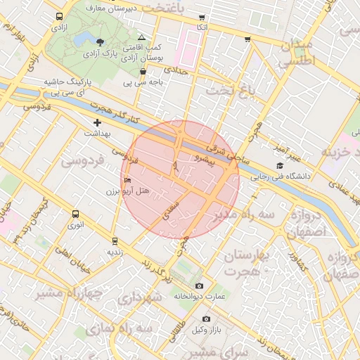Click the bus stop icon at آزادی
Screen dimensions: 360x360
57,16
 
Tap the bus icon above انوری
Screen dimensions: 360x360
76,214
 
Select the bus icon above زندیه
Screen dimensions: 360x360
115,241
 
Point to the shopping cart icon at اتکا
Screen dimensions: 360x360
202,17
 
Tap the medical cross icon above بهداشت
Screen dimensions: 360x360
97,123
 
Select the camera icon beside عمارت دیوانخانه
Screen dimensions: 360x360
200,286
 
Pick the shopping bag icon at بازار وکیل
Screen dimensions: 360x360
206,319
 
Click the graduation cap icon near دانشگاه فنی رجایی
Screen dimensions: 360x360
280,166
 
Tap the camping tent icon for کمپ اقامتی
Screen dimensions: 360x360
142,37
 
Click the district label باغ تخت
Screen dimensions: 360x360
228,91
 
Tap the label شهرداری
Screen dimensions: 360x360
141,297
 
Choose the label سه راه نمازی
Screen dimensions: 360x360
120,328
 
